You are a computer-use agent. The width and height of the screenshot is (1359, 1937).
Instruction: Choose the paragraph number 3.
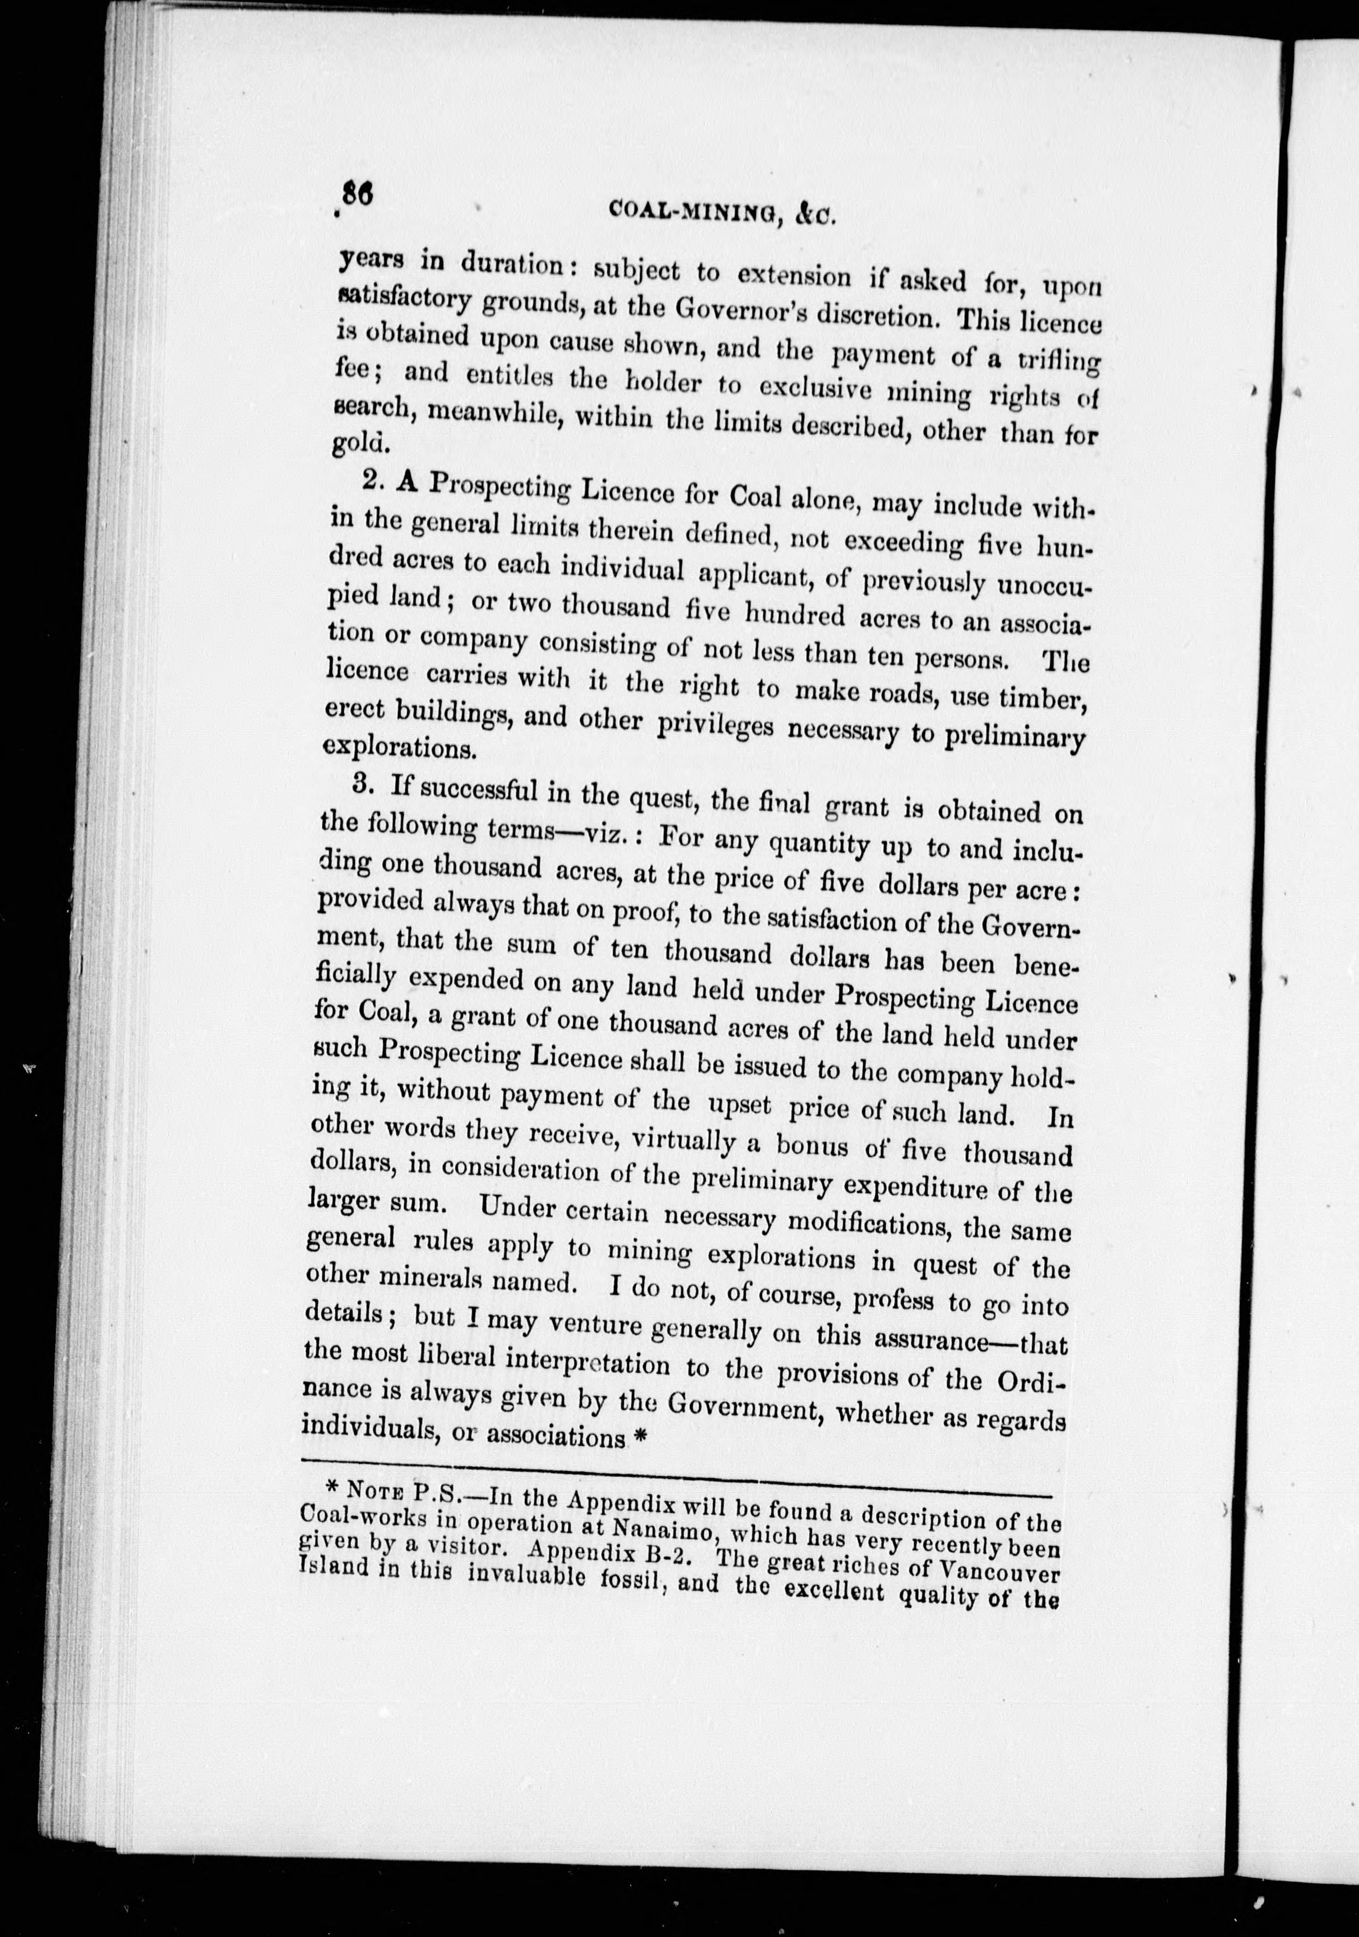[363, 783]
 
